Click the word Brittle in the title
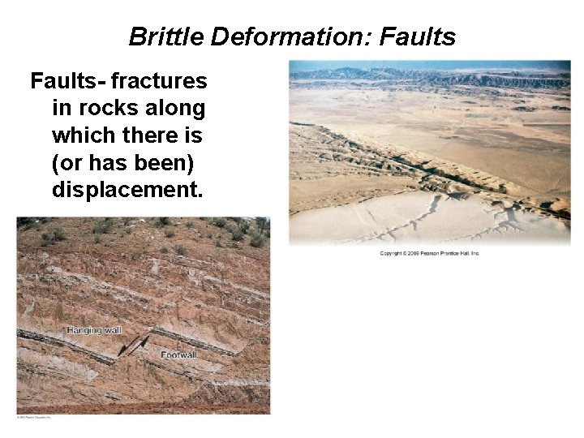click(166, 36)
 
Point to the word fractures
click(159, 81)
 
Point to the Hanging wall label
click(95, 330)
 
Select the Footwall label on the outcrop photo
click(178, 355)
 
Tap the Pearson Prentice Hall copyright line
click(430, 254)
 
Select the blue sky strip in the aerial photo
click(430, 65)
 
